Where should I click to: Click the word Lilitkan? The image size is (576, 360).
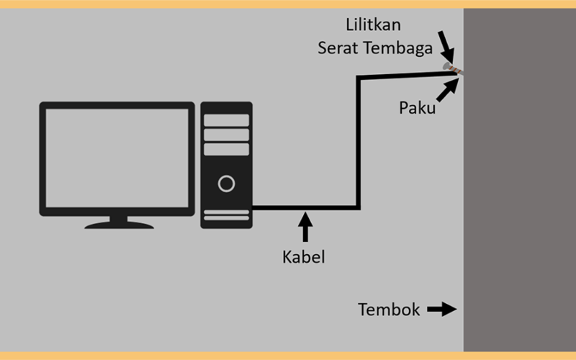(373, 25)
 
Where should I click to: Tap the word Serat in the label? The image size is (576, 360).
(336, 48)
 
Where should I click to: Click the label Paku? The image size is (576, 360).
(418, 108)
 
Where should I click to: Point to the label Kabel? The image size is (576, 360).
(304, 257)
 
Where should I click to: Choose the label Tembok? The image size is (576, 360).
(389, 310)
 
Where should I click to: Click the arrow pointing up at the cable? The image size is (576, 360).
(305, 226)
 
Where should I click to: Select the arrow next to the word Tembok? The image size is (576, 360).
(442, 310)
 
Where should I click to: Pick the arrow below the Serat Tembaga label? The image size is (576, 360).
(446, 47)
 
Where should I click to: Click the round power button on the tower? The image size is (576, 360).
(226, 184)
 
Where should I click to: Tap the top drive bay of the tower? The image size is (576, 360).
(226, 120)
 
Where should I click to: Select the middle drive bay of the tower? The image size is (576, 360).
(226, 135)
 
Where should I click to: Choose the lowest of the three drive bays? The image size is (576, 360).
(226, 149)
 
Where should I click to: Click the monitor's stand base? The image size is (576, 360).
(119, 225)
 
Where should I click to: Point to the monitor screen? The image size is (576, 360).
(117, 158)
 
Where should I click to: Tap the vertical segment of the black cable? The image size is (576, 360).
(358, 143)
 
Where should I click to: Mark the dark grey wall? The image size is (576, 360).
(519, 180)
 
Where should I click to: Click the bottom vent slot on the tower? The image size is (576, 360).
(226, 218)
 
